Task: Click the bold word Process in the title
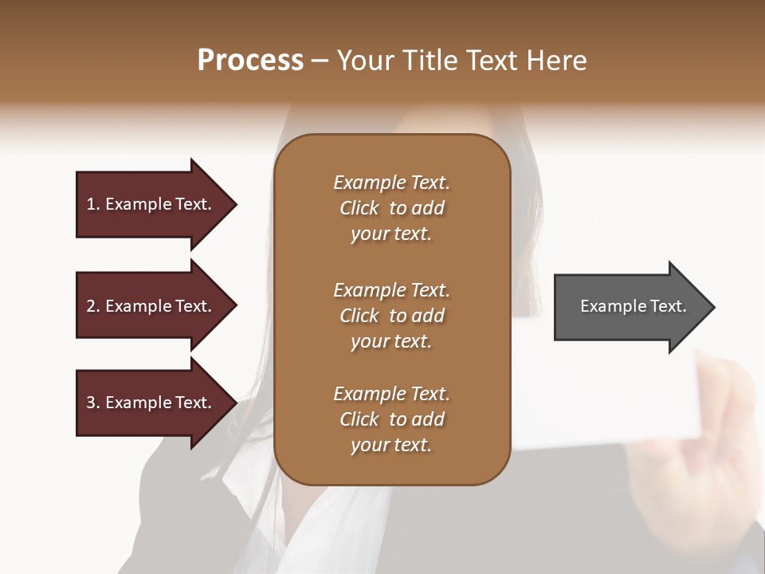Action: [250, 61]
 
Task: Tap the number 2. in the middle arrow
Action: [93, 306]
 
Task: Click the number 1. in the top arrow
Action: [93, 204]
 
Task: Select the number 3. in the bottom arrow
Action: [93, 403]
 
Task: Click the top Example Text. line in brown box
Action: [391, 183]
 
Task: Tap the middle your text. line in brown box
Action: [391, 341]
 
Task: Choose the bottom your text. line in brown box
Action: [391, 446]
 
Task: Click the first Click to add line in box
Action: [391, 208]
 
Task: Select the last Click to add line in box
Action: [391, 419]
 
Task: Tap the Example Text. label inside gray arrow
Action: [633, 306]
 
